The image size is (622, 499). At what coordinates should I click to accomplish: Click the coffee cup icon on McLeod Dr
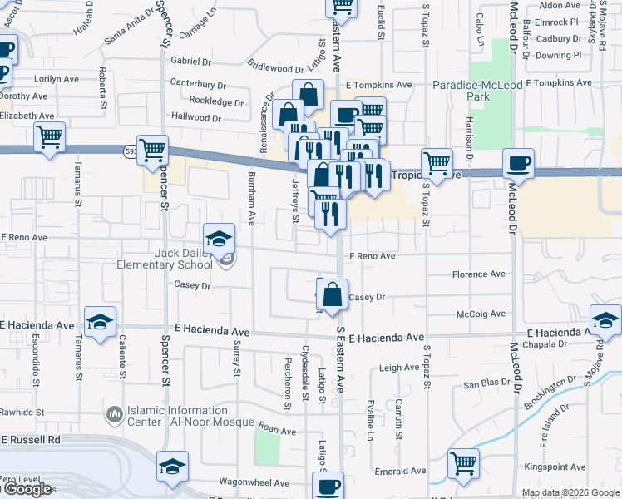(x=519, y=162)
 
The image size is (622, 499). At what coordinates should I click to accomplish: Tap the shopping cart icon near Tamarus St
(x=50, y=136)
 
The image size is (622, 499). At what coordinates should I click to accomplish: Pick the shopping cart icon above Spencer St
(x=153, y=150)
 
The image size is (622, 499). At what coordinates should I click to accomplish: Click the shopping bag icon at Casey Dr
(x=332, y=294)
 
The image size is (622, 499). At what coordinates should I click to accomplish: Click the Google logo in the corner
(x=27, y=489)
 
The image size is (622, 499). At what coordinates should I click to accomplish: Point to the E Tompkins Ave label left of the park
(x=379, y=85)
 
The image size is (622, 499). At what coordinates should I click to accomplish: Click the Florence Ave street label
(x=478, y=274)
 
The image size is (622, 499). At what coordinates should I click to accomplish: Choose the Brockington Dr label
(x=550, y=390)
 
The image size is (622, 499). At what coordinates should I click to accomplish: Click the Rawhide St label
(x=22, y=413)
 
